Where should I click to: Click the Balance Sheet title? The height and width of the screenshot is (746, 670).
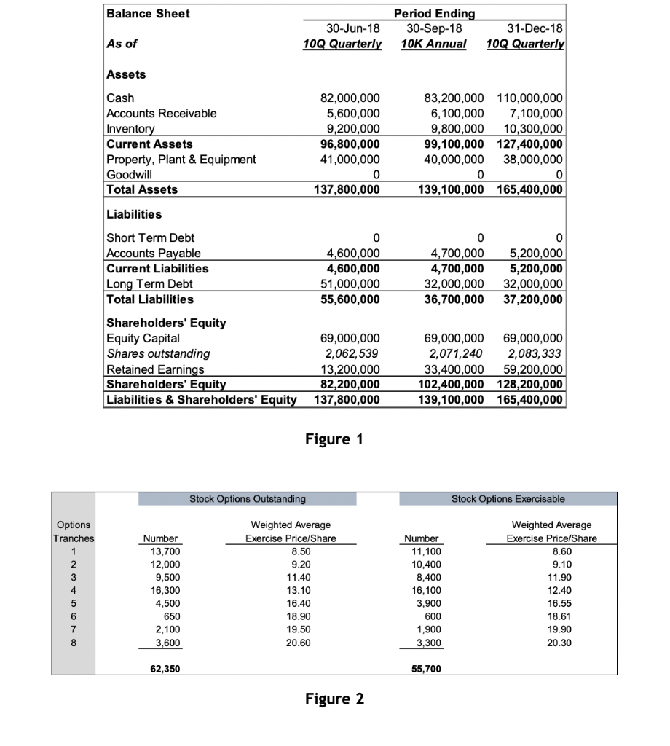148,14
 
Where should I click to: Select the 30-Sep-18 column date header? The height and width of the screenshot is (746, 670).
433,28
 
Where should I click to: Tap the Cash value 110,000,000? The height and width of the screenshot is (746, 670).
529,98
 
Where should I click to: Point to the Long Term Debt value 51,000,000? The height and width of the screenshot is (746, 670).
350,284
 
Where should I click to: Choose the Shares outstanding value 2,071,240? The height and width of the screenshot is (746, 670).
454,353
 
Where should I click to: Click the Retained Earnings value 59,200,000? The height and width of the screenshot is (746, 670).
534,369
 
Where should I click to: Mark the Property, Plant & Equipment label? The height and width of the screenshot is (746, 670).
181,160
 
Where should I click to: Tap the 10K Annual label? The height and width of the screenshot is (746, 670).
433,44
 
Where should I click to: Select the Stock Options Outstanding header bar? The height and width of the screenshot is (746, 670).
248,499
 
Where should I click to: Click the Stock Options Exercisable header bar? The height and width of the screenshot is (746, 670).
508,499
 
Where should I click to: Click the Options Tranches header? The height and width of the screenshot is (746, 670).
73,532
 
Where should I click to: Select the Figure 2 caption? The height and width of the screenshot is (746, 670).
334,699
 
